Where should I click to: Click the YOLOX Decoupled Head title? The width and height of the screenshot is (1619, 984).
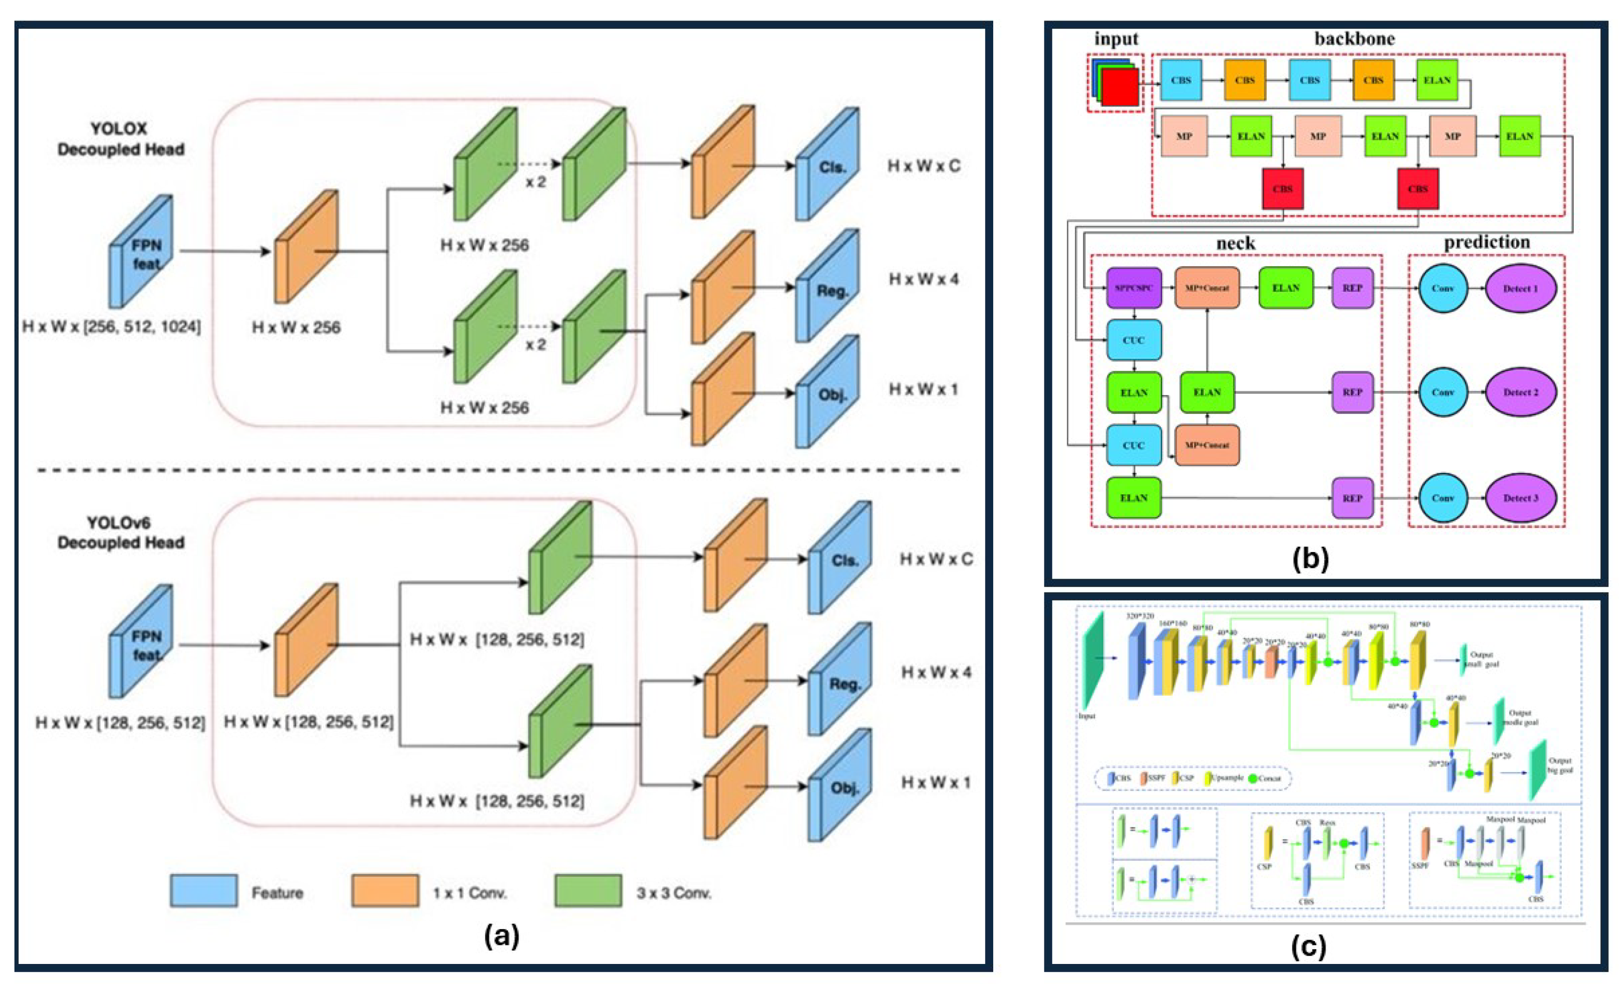coord(120,139)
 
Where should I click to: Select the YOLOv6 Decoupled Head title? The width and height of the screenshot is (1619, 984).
coord(120,533)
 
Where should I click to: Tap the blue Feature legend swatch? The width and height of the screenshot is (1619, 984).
coord(203,891)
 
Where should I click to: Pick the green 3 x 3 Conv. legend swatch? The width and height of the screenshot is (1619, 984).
coord(588,891)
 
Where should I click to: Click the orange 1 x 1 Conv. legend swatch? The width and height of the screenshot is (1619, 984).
coord(385,891)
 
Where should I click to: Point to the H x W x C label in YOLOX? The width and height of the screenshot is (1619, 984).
coord(923,166)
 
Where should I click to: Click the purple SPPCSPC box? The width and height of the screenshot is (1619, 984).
coord(1133,288)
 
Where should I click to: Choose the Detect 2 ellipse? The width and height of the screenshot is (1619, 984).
coord(1520,392)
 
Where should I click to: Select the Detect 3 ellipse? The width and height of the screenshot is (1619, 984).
coord(1520,498)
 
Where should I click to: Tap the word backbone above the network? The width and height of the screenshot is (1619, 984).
coord(1354,39)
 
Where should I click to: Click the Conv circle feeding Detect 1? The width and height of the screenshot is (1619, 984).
coord(1443,288)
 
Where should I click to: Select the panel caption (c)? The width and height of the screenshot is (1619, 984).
coord(1308,946)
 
